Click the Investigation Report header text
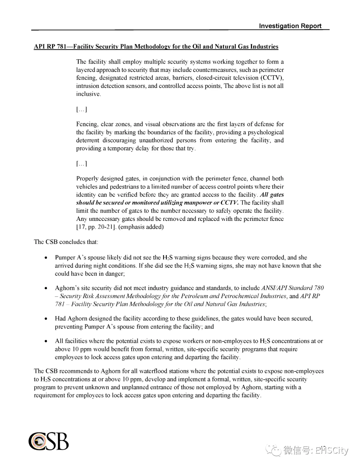point(290,26)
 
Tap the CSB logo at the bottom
point(48,441)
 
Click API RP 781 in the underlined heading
point(50,47)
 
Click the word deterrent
point(87,140)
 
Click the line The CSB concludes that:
point(66,242)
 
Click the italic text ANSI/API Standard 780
point(292,288)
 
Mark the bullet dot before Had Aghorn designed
point(46,319)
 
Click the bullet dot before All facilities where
point(46,341)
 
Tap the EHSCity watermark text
point(331,451)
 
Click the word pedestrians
point(121,187)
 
